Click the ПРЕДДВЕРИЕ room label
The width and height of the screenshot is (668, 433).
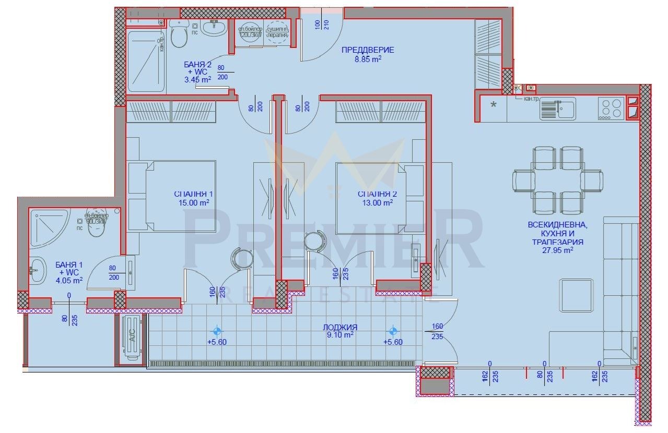point(368,50)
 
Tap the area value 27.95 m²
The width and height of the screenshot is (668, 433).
point(558,250)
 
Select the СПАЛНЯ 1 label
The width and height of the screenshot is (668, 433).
point(193,194)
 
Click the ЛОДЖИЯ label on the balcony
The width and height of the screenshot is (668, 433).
point(339,327)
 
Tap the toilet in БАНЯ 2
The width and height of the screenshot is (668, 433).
point(179,34)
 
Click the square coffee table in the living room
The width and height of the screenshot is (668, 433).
point(576,294)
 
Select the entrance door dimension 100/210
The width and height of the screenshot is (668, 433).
point(322,24)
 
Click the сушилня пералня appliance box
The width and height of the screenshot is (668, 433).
point(277,32)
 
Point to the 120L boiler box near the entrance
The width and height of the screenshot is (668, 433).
point(249,32)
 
